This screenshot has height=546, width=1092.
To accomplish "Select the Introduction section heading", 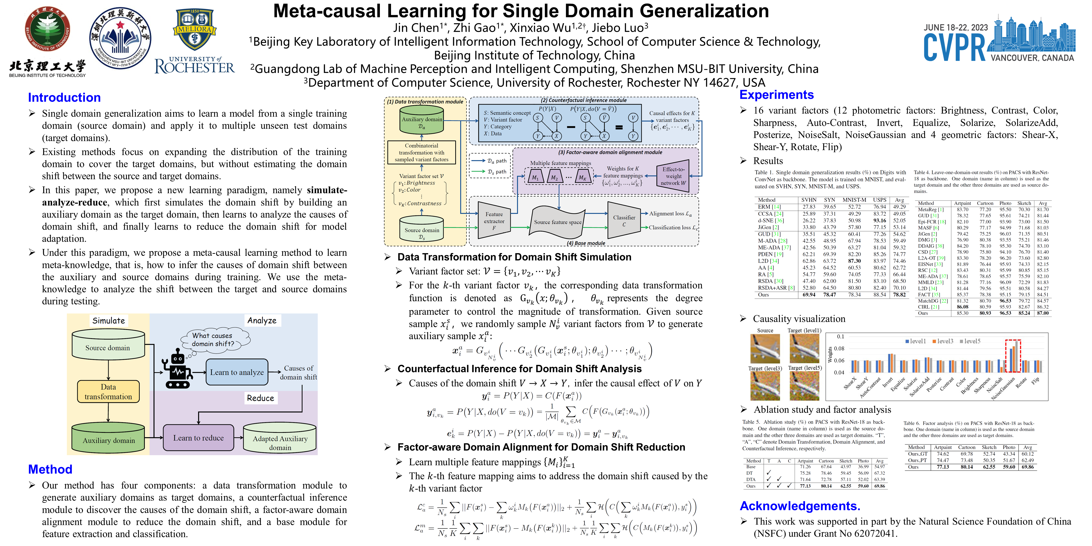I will [64, 97].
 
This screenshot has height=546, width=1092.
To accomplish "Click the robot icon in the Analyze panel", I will [177, 369].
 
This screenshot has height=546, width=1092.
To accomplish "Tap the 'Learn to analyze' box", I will [237, 372].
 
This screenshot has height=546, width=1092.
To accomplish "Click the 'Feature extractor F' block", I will [494, 220].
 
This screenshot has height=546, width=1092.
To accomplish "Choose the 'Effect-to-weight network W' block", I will [673, 176].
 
